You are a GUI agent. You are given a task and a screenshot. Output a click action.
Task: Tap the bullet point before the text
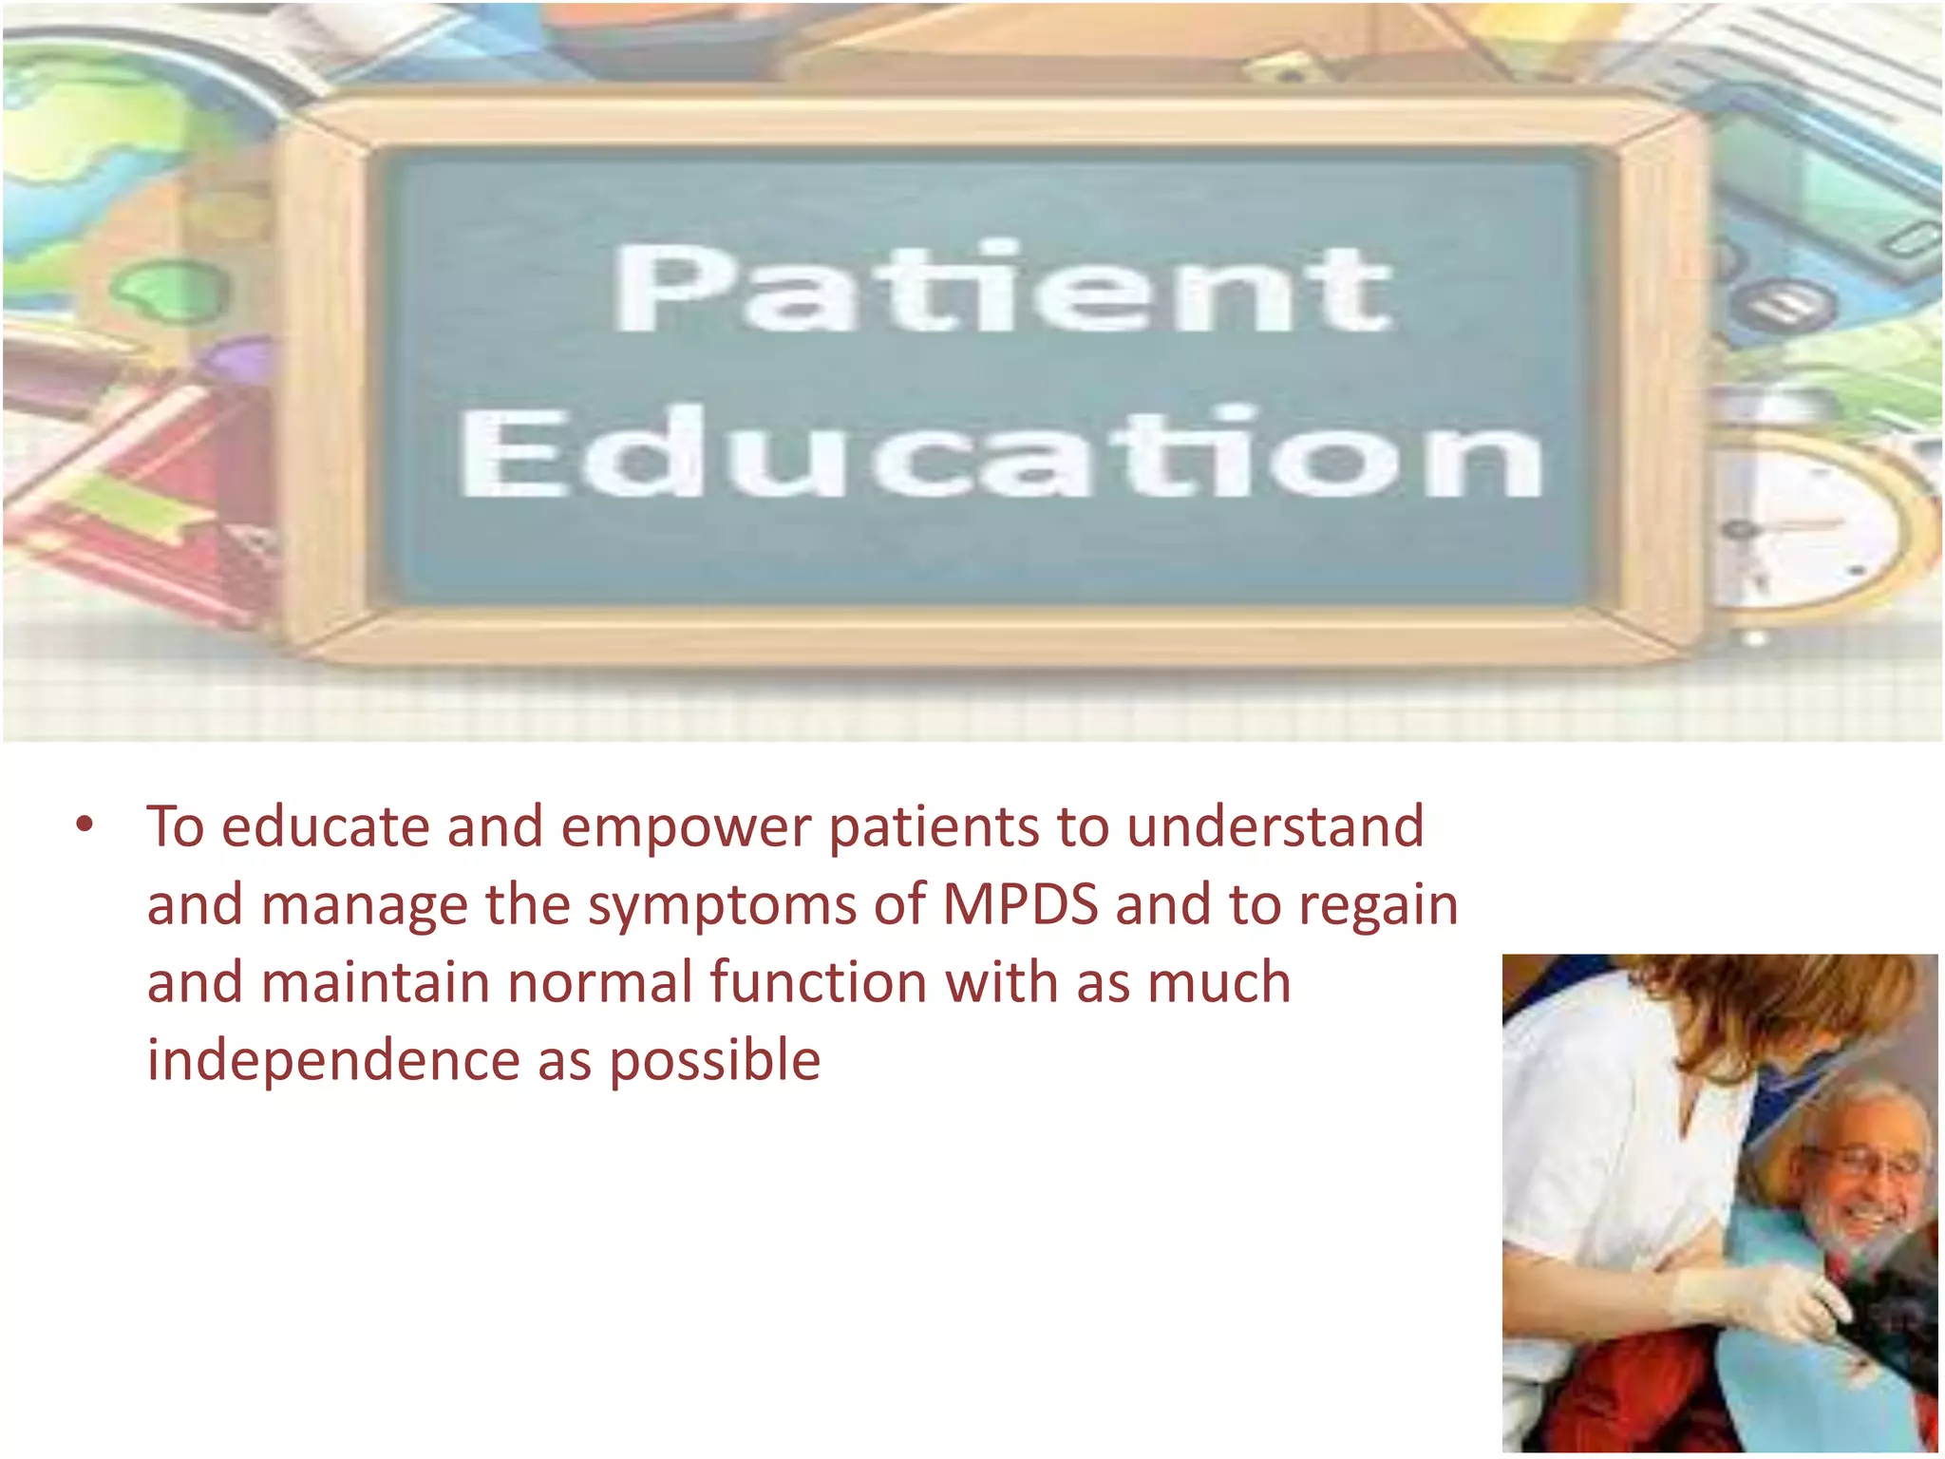coord(85,824)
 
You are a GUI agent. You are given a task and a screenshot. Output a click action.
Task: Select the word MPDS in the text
coord(1020,904)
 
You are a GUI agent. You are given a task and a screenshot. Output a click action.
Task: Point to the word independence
coord(333,1060)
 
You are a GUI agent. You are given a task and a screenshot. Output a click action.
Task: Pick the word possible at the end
coord(714,1062)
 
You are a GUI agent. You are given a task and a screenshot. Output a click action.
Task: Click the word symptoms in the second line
coord(722,906)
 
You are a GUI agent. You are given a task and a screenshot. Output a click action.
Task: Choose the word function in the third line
coord(818,982)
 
